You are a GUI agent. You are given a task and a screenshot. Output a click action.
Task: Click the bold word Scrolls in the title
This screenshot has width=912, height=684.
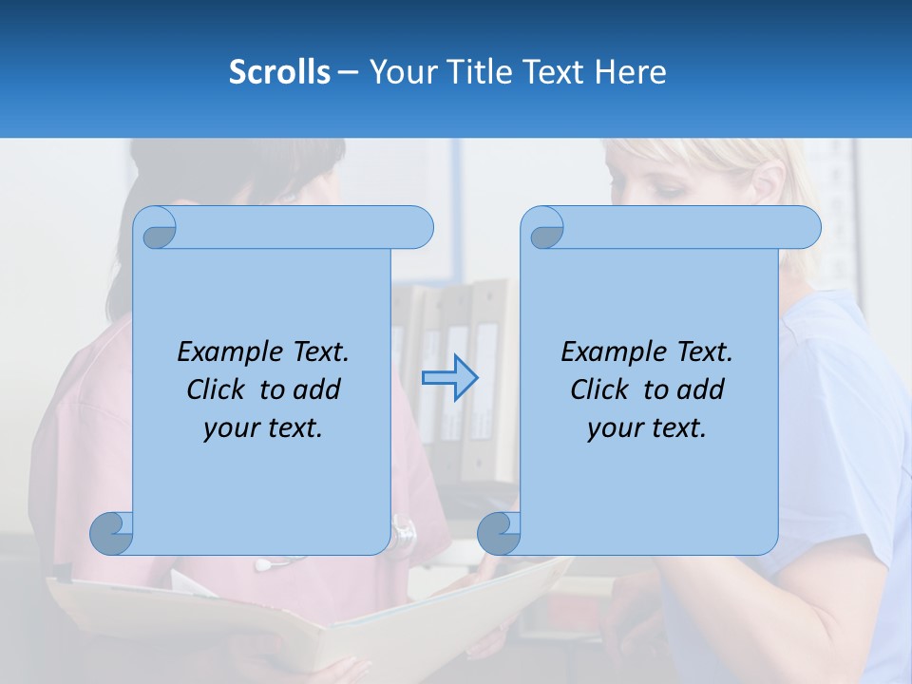(280, 71)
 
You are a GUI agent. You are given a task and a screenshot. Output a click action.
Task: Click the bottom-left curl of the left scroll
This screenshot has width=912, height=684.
(112, 534)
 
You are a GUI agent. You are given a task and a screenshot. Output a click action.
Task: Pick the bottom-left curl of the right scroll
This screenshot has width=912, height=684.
(500, 534)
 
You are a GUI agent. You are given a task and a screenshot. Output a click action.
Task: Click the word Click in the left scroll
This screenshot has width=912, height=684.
(216, 389)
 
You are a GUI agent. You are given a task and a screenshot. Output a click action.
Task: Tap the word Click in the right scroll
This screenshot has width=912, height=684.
(599, 389)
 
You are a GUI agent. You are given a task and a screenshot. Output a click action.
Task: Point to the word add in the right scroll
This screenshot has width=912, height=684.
(700, 389)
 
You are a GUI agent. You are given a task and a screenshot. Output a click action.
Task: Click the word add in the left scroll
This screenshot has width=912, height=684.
(316, 389)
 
